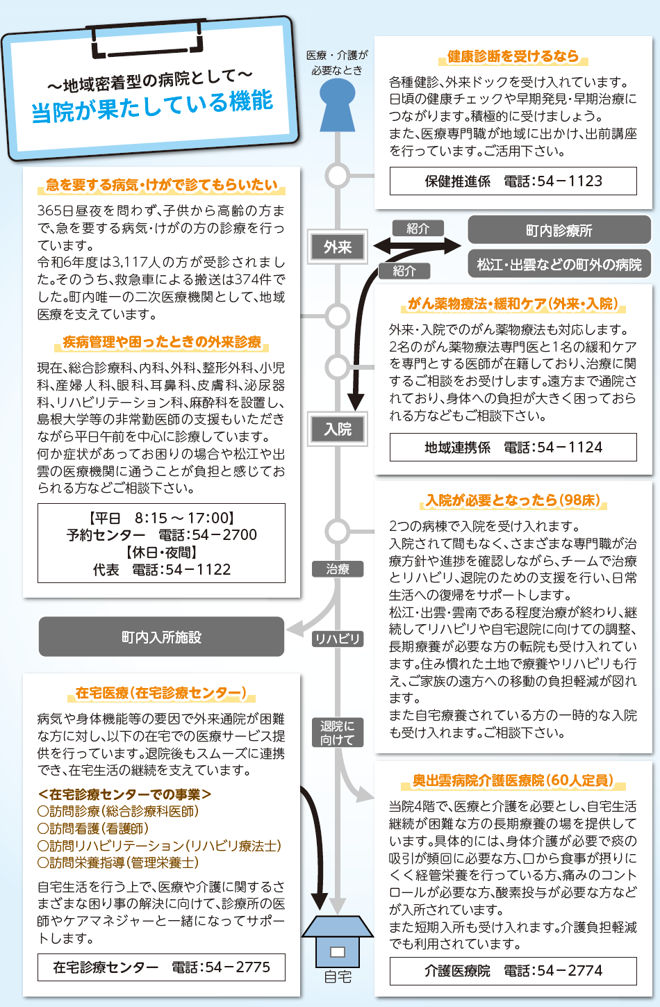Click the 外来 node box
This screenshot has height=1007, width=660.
pyautogui.click(x=338, y=247)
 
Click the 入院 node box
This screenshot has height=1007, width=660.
pyautogui.click(x=338, y=429)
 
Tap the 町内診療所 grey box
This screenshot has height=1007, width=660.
pyautogui.click(x=559, y=230)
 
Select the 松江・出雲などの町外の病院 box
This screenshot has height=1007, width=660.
pyautogui.click(x=559, y=264)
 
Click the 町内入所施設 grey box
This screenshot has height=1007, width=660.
pyautogui.click(x=161, y=637)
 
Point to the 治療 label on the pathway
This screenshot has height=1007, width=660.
pyautogui.click(x=338, y=569)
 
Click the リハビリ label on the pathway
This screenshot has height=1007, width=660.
pyautogui.click(x=338, y=639)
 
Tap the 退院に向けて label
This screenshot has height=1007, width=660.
pyautogui.click(x=338, y=732)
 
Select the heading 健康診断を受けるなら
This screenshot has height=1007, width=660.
pyautogui.click(x=513, y=56)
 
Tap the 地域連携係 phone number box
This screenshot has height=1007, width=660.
pyautogui.click(x=513, y=447)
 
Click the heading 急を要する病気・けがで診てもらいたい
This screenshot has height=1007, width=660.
pyautogui.click(x=161, y=185)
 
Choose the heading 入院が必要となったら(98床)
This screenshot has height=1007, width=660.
pyautogui.click(x=513, y=500)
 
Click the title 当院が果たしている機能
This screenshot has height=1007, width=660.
pyautogui.click(x=153, y=106)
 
